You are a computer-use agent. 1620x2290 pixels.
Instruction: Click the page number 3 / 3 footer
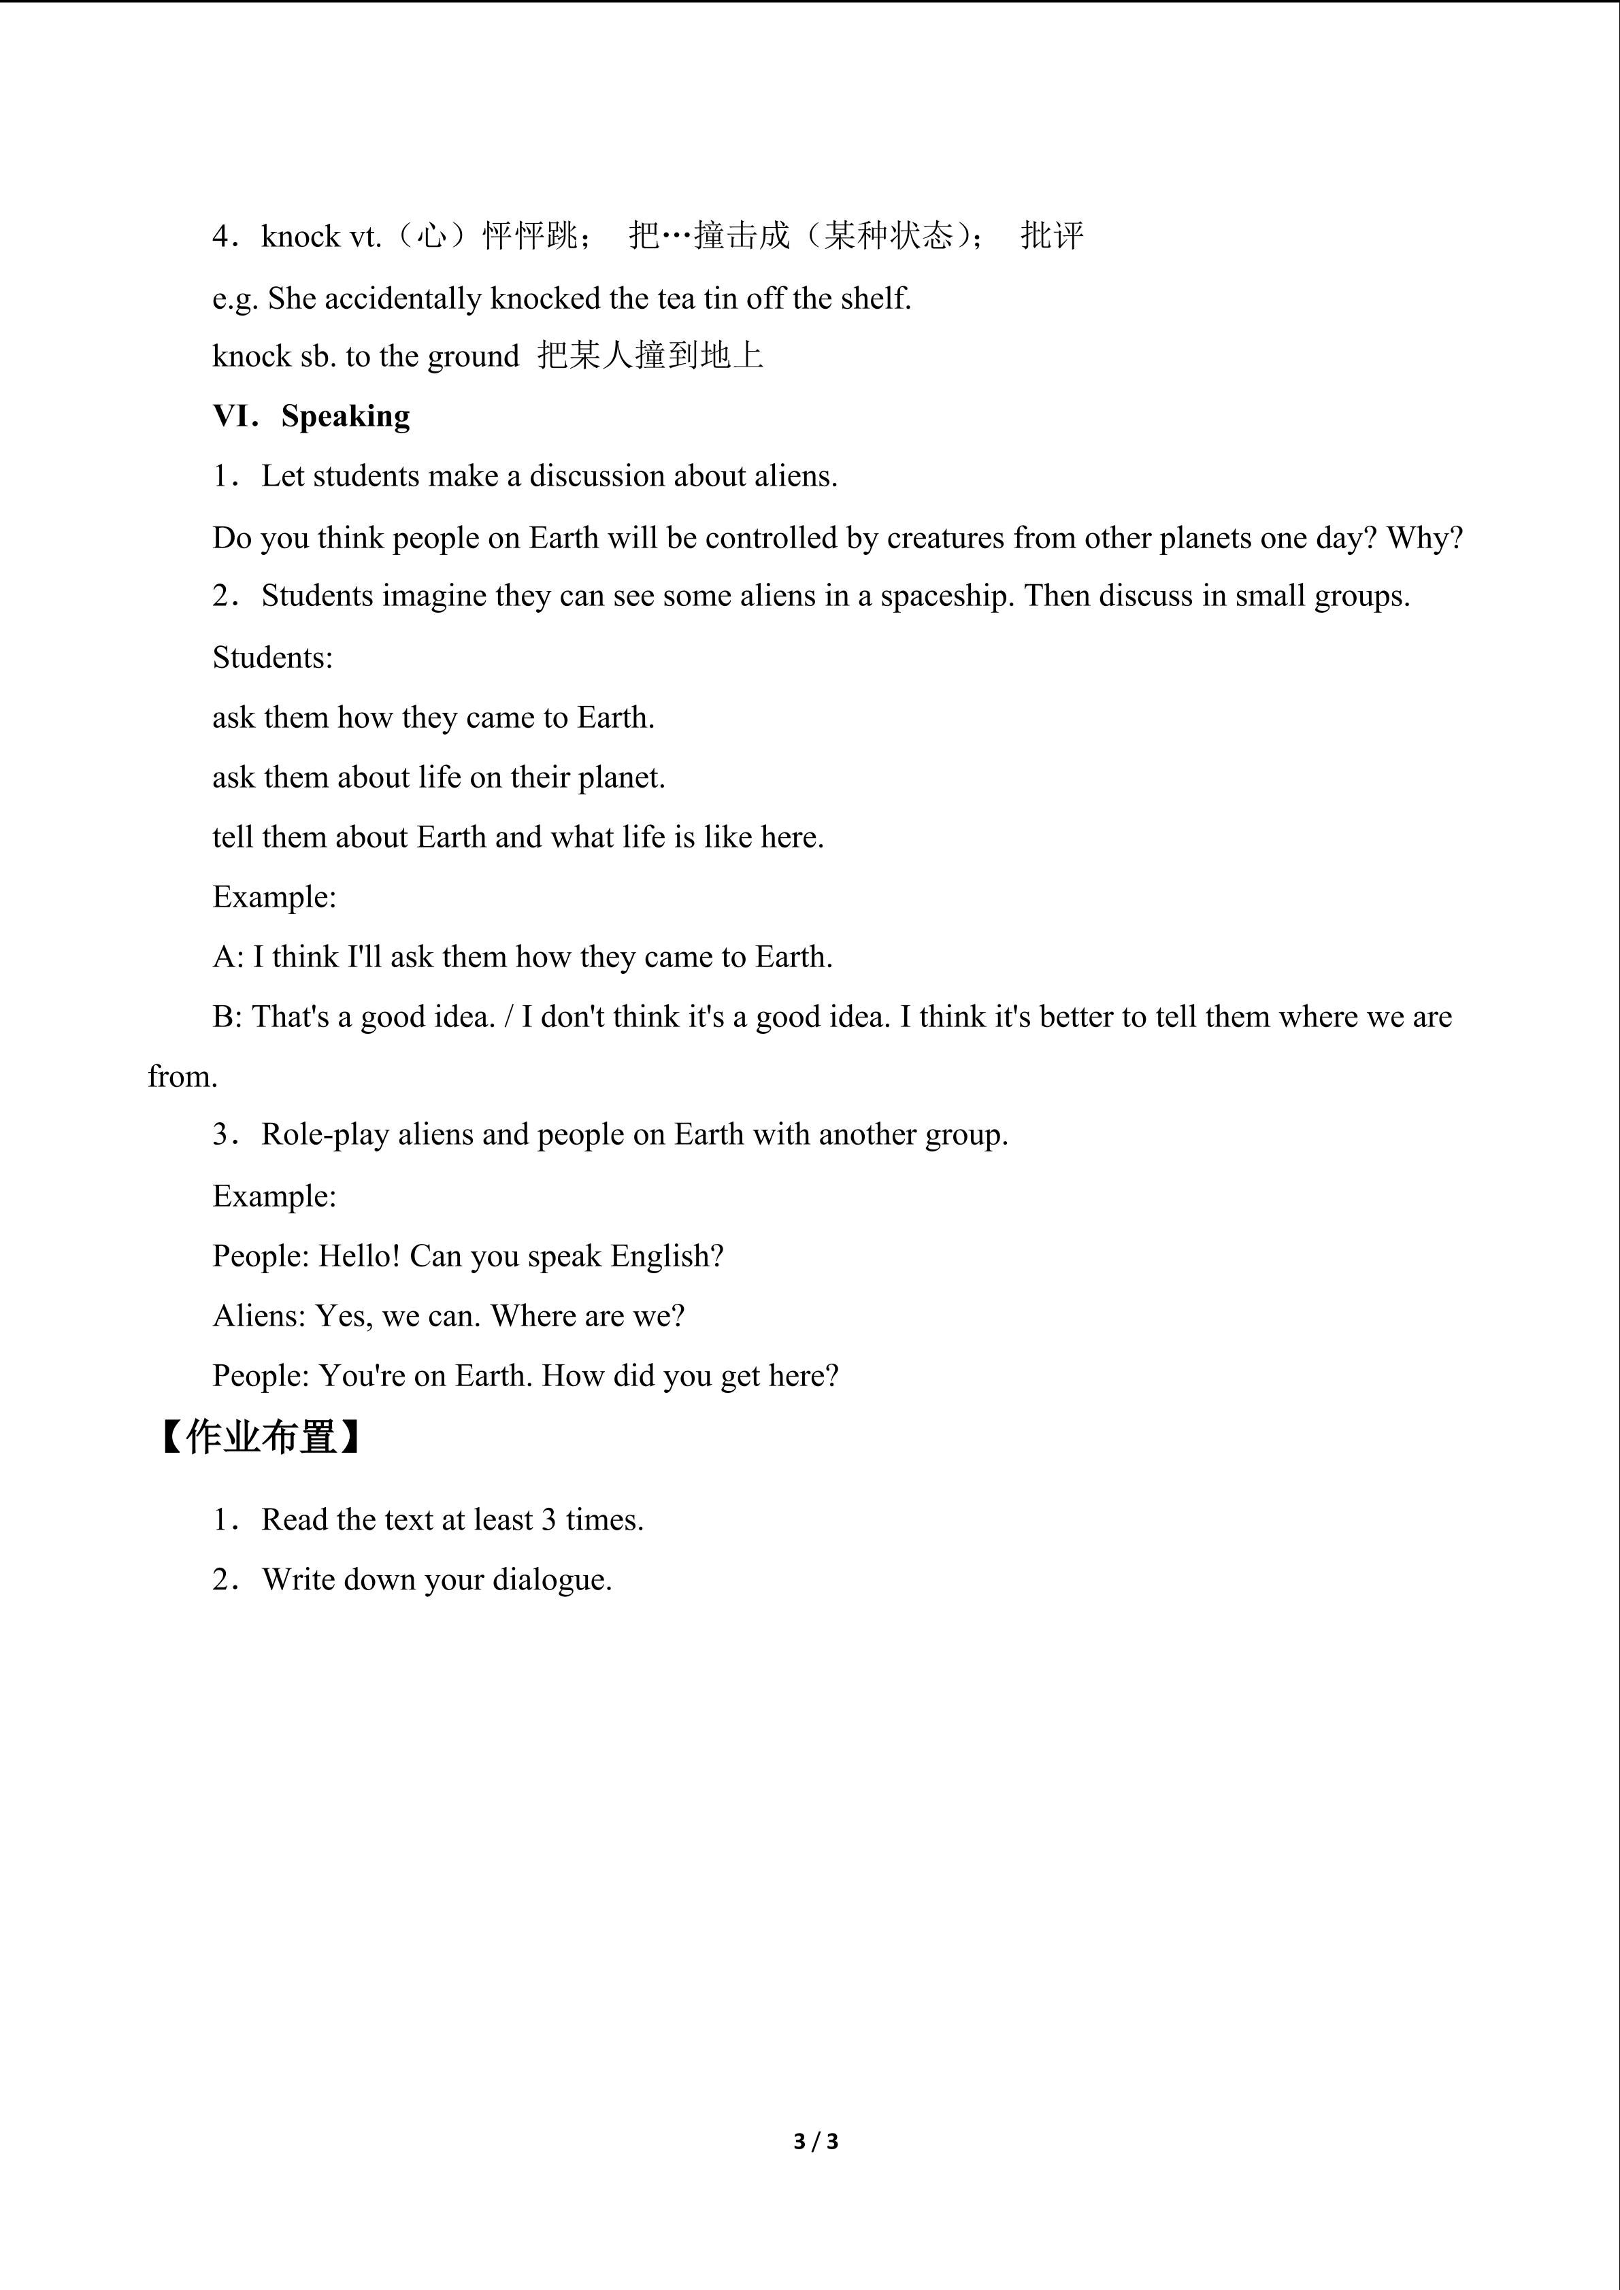[x=815, y=2141]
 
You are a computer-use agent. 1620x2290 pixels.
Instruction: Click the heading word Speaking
[x=345, y=416]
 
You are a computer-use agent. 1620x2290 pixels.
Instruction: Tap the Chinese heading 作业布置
[x=261, y=1437]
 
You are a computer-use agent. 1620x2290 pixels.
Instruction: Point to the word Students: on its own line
[x=272, y=657]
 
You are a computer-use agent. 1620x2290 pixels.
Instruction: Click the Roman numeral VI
[x=235, y=416]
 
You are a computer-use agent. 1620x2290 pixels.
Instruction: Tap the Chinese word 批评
[x=1051, y=237]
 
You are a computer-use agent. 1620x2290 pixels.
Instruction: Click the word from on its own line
[x=182, y=1076]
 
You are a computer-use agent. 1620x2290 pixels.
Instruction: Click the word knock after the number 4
[x=300, y=237]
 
